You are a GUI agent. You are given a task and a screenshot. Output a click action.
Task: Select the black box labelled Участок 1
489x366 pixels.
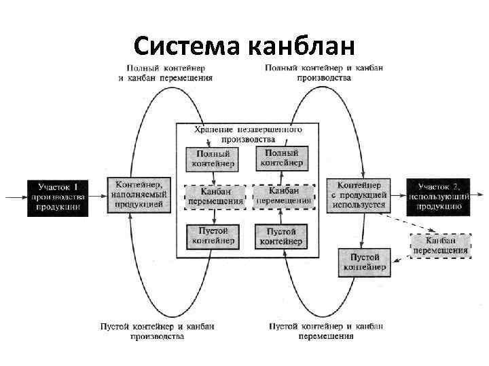point(58,197)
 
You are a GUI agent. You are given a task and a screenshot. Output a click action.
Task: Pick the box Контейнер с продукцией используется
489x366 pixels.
point(359,195)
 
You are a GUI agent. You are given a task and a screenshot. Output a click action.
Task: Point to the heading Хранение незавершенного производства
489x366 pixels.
point(248,133)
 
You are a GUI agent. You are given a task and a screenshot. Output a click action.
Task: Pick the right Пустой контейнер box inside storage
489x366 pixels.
point(280,237)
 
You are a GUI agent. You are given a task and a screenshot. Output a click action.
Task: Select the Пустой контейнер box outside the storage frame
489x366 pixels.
point(365,262)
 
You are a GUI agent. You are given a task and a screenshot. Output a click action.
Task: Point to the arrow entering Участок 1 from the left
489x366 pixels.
point(15,197)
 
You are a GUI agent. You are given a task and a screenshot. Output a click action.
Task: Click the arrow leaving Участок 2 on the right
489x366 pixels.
point(479,197)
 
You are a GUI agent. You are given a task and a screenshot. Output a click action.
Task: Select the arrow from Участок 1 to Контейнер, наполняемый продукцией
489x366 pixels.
point(98,197)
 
